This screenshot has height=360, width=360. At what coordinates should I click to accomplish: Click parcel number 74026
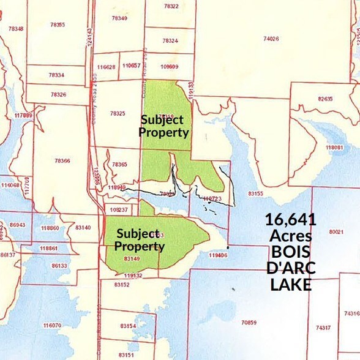[271, 39]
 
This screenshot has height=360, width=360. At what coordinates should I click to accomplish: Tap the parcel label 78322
[171, 6]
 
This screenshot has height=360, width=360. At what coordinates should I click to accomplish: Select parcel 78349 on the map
[119, 18]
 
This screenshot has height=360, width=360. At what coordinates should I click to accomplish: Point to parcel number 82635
[325, 99]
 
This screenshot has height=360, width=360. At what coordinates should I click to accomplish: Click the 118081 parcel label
[334, 148]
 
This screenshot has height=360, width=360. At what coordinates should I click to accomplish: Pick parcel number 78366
[62, 160]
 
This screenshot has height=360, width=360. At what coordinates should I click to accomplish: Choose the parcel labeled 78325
[118, 113]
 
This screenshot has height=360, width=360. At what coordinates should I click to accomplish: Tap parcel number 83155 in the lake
[255, 193]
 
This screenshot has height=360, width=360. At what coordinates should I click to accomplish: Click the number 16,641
[290, 219]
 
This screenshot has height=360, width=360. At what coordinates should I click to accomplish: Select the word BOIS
[290, 252]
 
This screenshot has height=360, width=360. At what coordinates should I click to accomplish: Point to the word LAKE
[291, 285]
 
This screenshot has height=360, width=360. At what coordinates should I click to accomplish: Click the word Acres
[290, 236]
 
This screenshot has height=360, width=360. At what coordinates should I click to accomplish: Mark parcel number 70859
[249, 322]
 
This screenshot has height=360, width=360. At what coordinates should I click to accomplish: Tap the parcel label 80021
[336, 232]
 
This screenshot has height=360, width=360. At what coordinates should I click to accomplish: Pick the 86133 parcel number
[59, 266]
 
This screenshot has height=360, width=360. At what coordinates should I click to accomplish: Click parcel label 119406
[218, 255]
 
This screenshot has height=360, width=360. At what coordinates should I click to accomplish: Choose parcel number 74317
[323, 328]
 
